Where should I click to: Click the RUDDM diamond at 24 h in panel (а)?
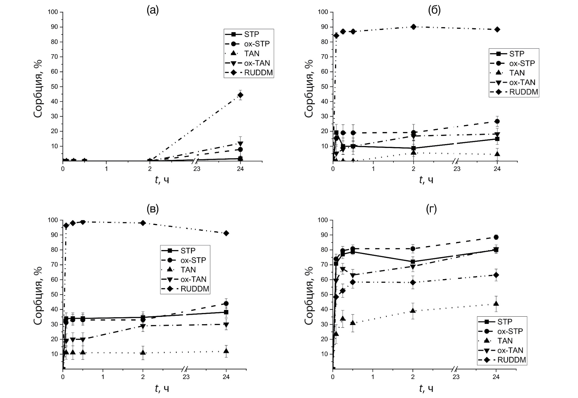coord(240,95)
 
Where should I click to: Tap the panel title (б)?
coord(434,10)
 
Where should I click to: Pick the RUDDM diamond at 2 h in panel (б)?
coord(413,27)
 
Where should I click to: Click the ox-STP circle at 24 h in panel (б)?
coord(497,121)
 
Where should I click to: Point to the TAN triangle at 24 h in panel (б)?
coord(497,154)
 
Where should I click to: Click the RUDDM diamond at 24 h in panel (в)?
coord(226,233)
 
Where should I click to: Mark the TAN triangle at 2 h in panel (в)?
coord(143,353)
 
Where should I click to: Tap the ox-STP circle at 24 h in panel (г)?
coord(496,237)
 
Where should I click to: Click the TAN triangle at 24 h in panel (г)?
coord(496,303)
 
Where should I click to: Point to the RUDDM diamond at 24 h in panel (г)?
coord(496,275)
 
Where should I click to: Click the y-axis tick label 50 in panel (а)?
coord(54,87)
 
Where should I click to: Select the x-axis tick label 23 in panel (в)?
coord(186,377)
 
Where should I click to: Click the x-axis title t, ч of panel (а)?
coord(162,179)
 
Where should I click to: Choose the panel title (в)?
coord(153,209)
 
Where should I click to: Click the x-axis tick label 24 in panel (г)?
coord(496,377)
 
